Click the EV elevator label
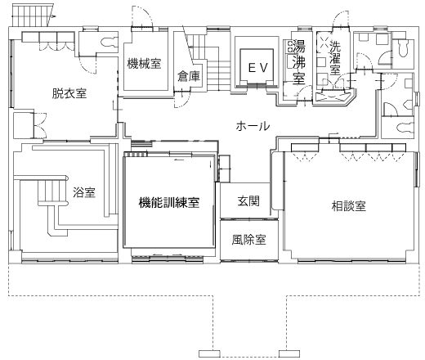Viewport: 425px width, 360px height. (x=258, y=68)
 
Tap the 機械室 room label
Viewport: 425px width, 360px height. (x=144, y=64)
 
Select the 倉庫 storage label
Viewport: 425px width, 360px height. (x=189, y=76)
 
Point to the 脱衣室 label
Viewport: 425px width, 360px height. (x=69, y=93)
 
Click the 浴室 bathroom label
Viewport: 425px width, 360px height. (x=84, y=192)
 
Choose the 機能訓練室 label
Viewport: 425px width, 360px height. (x=169, y=203)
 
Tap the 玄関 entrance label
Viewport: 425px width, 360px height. (x=248, y=201)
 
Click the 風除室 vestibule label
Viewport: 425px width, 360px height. (x=248, y=240)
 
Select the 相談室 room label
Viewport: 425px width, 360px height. (x=349, y=206)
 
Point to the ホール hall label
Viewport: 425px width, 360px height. (x=253, y=126)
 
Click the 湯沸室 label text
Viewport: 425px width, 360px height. (x=298, y=62)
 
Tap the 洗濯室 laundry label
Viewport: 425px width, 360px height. (x=335, y=57)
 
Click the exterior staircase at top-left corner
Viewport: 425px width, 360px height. (x=32, y=15)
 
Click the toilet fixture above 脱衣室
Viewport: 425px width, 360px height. (x=110, y=42)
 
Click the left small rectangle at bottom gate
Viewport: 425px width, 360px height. (x=209, y=353)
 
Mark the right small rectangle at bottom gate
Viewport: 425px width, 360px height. (x=289, y=353)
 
